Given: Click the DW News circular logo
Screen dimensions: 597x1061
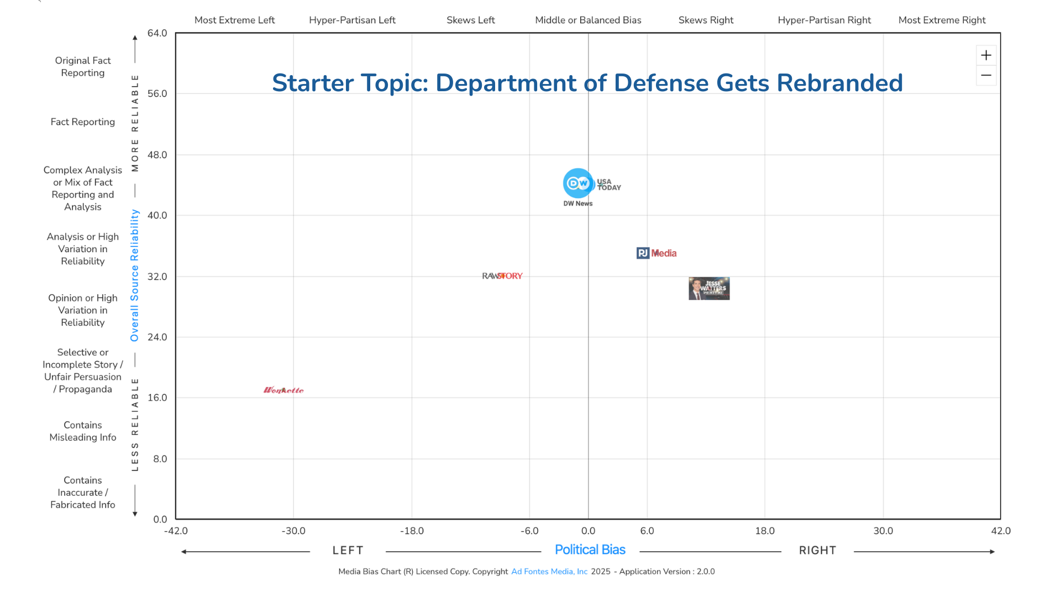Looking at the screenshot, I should pyautogui.click(x=577, y=183).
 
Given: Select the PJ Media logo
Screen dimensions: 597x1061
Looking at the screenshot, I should pyautogui.click(x=656, y=253).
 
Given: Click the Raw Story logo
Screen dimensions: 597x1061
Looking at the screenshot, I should pyautogui.click(x=502, y=276).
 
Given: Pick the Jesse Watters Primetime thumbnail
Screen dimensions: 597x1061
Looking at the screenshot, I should pyautogui.click(x=709, y=289).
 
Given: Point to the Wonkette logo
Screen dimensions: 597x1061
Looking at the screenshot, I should pyautogui.click(x=283, y=390).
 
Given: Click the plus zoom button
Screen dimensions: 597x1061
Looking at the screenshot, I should pyautogui.click(x=986, y=55).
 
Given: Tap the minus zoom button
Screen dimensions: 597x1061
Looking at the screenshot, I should pyautogui.click(x=986, y=75).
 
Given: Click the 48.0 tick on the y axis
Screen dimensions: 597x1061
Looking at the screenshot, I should pyautogui.click(x=157, y=155).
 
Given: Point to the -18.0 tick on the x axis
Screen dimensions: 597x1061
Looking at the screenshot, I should pyautogui.click(x=412, y=531).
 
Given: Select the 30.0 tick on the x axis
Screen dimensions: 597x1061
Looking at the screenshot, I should pyautogui.click(x=883, y=531).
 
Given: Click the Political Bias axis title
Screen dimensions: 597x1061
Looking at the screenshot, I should pyautogui.click(x=590, y=550).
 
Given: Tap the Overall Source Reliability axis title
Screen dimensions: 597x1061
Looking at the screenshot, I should pyautogui.click(x=134, y=275).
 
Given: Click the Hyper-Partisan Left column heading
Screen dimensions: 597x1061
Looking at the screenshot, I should pyautogui.click(x=352, y=20).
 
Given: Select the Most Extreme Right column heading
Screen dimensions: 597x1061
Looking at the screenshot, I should pyautogui.click(x=942, y=20).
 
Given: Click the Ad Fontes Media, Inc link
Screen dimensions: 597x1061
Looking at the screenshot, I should pyautogui.click(x=549, y=572).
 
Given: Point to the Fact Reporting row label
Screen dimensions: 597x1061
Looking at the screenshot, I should pyautogui.click(x=83, y=122).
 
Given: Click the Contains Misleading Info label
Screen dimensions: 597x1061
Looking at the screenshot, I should pyautogui.click(x=83, y=431).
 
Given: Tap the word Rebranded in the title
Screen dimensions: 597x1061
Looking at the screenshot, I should pyautogui.click(x=839, y=83).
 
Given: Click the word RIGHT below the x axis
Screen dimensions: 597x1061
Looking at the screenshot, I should pyautogui.click(x=817, y=551).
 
